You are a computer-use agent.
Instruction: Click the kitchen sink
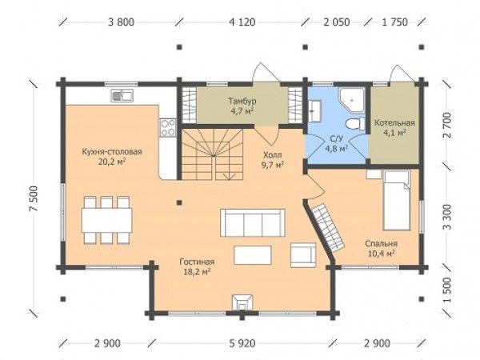122,96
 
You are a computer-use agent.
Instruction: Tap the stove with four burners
168,128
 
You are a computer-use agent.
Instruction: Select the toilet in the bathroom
355,124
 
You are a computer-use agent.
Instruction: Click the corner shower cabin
352,100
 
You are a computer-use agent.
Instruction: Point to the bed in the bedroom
397,201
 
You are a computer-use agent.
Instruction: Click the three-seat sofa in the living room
253,223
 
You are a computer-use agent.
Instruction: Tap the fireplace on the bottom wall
242,303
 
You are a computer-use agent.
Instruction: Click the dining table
107,220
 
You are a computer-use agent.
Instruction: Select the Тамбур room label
242,101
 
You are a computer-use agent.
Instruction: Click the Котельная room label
394,123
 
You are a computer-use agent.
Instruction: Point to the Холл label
273,155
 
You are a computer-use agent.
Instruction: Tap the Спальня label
381,244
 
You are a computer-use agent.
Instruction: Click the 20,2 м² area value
112,162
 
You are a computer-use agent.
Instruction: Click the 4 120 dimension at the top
242,22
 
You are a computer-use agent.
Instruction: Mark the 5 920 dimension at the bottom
242,343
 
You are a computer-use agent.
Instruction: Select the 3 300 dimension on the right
447,217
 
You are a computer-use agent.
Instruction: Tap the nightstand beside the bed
374,174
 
